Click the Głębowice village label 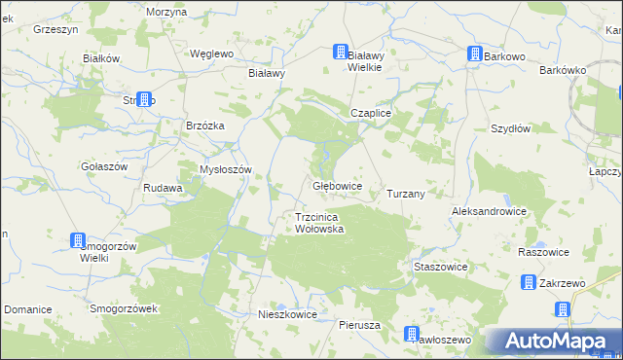click(x=338, y=185)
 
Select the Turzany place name click(x=406, y=194)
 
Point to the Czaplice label click(x=371, y=113)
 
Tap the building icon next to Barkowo click(x=474, y=55)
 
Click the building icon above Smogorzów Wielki click(x=78, y=240)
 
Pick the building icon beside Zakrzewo click(x=529, y=283)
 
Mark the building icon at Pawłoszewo click(x=413, y=334)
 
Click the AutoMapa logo click(x=552, y=342)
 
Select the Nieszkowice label click(x=288, y=315)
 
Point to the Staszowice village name click(x=441, y=267)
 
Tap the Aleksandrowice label click(x=489, y=211)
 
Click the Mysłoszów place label click(x=226, y=169)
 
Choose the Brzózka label click(x=205, y=126)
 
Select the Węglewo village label click(x=212, y=54)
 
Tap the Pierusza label click(x=359, y=325)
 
